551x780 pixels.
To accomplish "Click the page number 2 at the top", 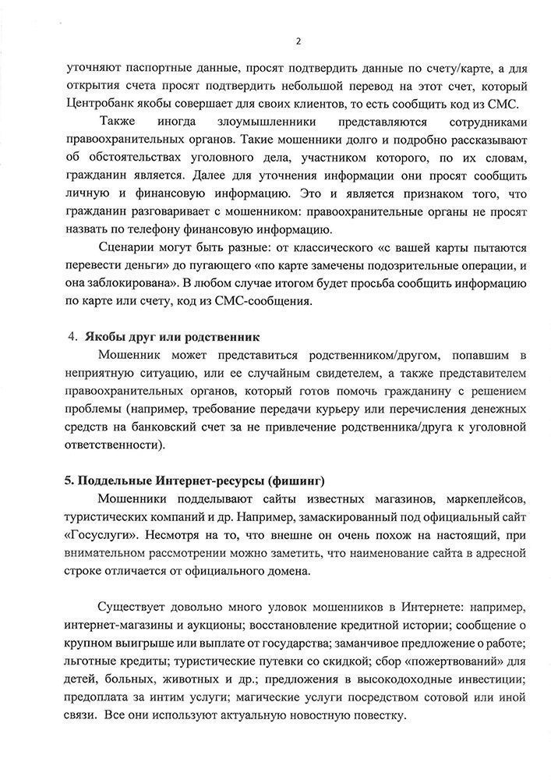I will (297, 41).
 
